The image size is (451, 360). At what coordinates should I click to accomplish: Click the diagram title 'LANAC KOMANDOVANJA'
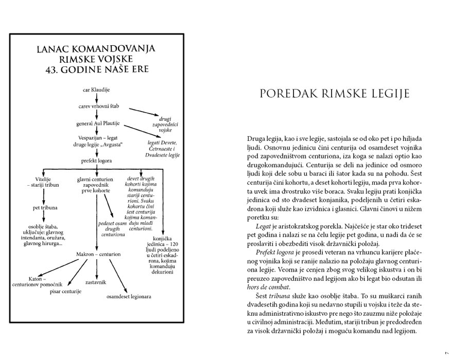96,50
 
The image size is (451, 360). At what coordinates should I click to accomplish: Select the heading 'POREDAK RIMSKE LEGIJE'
334,94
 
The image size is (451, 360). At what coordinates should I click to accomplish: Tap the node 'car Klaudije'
96,89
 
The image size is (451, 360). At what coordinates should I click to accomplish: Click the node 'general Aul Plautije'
96,124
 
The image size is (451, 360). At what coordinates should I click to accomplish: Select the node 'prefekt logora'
96,161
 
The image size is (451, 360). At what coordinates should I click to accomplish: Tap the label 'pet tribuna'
43,208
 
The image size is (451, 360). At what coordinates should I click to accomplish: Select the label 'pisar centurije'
66,292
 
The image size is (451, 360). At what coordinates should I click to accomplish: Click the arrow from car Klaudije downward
96,98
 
